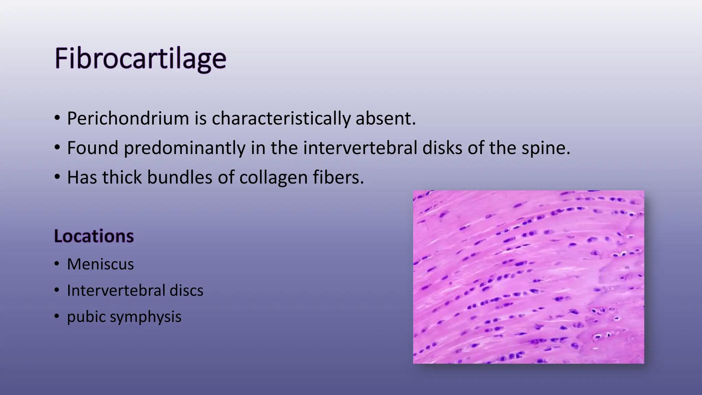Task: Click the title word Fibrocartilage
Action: pos(140,59)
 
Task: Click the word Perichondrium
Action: pos(128,118)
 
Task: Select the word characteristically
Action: pos(281,118)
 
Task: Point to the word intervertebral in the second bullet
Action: pos(360,148)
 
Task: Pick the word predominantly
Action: pos(184,148)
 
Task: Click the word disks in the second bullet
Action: pos(442,148)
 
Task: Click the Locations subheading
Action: pos(94,236)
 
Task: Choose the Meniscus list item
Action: pos(100,264)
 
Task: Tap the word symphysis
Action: pos(146,316)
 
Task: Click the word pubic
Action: pos(86,316)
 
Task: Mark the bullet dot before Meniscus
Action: pos(57,264)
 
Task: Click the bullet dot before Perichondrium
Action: pos(57,118)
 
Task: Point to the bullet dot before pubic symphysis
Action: pos(57,316)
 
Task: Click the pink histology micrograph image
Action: pos(528,277)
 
